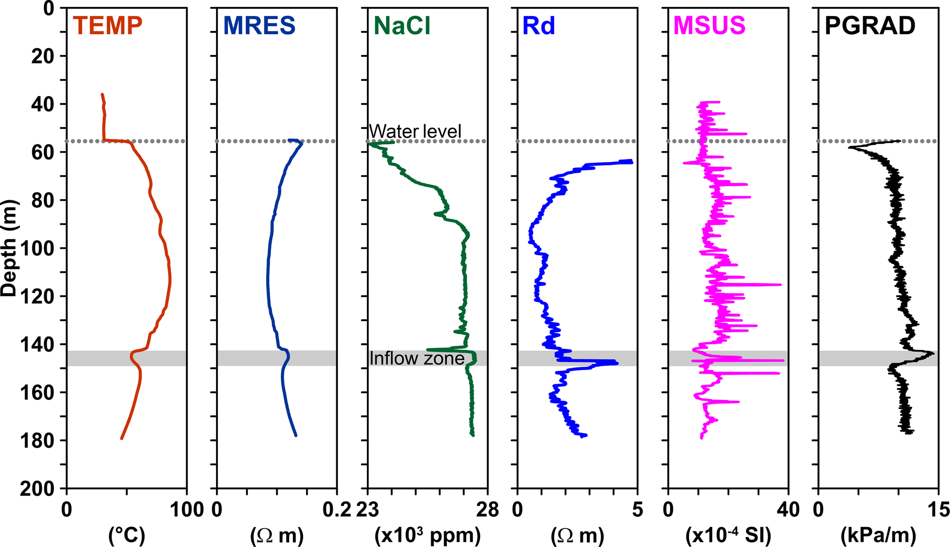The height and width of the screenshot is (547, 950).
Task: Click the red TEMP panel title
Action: tap(108, 26)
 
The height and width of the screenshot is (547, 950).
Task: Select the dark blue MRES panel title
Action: tap(259, 26)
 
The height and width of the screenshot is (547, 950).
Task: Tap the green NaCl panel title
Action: tap(402, 26)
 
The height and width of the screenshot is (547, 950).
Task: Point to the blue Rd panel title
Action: tap(539, 26)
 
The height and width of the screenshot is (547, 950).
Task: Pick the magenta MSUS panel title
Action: tap(709, 26)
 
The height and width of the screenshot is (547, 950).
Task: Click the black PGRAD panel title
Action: tap(870, 26)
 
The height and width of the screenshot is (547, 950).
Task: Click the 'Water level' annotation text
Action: tap(415, 131)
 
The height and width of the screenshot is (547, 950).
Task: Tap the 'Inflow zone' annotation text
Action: tap(417, 358)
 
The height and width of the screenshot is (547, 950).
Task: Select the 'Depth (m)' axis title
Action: tap(9, 248)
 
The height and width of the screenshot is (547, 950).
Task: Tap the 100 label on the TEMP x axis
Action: tap(187, 510)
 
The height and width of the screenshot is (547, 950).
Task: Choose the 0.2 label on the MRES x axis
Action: tap(337, 510)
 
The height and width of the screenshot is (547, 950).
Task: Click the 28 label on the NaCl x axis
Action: tap(488, 510)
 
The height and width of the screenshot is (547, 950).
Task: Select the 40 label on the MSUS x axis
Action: tap(788, 510)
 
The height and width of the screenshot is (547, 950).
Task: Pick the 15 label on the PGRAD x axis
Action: tap(938, 510)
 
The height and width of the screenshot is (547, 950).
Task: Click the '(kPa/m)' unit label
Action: tap(878, 535)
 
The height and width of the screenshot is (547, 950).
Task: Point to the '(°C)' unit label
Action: tap(127, 535)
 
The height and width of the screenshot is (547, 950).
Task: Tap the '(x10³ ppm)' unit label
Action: tap(427, 535)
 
